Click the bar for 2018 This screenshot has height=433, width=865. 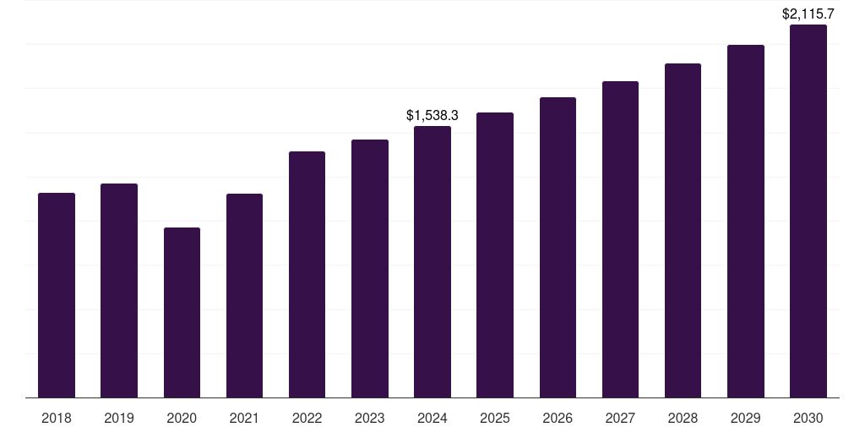point(57,295)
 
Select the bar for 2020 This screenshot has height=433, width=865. point(182,312)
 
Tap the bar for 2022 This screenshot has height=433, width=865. point(307,274)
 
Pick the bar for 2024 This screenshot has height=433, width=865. point(432,261)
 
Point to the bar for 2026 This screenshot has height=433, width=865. point(558,247)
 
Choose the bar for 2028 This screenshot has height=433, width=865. point(683,230)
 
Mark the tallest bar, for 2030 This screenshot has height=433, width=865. point(808,211)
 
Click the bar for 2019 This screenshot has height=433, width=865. point(119,290)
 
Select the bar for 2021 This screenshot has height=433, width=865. point(244,295)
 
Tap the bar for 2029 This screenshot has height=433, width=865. point(746,221)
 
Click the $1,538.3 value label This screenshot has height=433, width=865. point(432,115)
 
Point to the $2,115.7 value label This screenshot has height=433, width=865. point(808,14)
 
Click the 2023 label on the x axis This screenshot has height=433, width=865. point(369,418)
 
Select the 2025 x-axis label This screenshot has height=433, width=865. point(495,418)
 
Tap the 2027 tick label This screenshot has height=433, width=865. point(620,418)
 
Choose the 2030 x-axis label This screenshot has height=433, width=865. point(808,418)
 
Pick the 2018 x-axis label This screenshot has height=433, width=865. point(57,418)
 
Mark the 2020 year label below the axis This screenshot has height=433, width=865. point(182,418)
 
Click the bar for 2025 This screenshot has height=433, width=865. point(495,255)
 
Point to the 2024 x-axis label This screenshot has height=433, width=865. point(432,418)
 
